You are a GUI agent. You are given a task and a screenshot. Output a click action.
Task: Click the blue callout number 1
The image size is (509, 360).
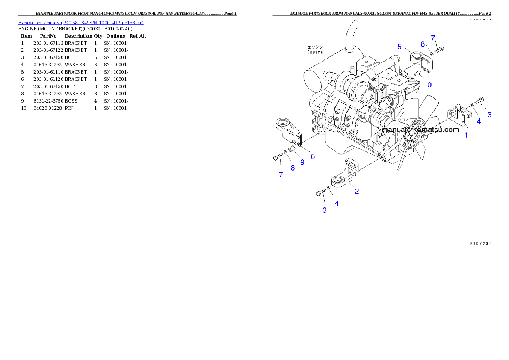(x=466, y=135)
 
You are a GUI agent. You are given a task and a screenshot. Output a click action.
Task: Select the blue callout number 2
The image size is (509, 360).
(x=357, y=191)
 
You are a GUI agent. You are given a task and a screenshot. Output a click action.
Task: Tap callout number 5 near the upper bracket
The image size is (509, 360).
(x=399, y=46)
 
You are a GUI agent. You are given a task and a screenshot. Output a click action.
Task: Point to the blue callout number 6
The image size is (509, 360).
(x=313, y=156)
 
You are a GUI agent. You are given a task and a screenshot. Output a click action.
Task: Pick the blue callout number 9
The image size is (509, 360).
(x=302, y=162)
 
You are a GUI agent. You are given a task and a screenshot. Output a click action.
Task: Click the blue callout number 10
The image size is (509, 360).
(x=428, y=85)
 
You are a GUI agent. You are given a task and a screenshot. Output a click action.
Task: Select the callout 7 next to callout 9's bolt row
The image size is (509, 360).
(x=281, y=175)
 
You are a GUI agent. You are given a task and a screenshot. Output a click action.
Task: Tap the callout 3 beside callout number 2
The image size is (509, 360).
(x=324, y=210)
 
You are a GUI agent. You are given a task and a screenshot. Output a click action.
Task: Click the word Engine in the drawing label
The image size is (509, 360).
(x=315, y=52)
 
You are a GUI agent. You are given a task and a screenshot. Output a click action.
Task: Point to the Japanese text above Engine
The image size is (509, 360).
(x=315, y=47)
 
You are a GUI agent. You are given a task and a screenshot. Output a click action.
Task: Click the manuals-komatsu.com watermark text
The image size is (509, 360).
(x=420, y=130)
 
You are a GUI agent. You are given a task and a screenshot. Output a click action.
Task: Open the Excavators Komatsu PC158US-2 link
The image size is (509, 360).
(x=81, y=22)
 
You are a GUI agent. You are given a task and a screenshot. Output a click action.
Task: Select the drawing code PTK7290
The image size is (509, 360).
(x=480, y=243)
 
